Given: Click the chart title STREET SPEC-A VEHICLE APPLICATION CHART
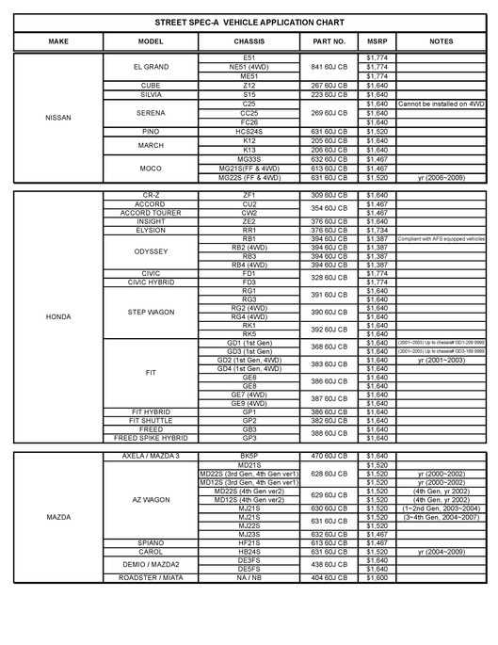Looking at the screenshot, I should click(x=249, y=21).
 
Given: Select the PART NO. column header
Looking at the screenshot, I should click(x=329, y=41).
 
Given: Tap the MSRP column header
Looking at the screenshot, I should click(x=378, y=41).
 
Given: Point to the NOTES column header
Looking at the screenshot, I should click(x=441, y=41).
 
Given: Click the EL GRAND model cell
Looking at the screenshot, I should click(x=151, y=67).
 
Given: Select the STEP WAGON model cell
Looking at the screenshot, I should click(x=151, y=312).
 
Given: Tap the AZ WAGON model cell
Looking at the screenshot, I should click(x=151, y=500).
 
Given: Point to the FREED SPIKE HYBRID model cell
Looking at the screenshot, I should click(x=151, y=438).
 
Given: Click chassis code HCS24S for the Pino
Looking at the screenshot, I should click(x=249, y=131).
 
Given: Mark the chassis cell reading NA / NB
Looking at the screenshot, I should click(x=249, y=577).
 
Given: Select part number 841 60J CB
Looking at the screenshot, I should click(x=329, y=67).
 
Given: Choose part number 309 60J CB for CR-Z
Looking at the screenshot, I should click(x=329, y=195).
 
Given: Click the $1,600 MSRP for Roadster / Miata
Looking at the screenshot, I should click(x=377, y=577).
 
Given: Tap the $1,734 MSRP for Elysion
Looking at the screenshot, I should click(x=377, y=230).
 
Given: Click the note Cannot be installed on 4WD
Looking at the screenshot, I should click(x=441, y=104).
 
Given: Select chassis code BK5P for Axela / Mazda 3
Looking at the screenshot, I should click(x=249, y=456).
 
